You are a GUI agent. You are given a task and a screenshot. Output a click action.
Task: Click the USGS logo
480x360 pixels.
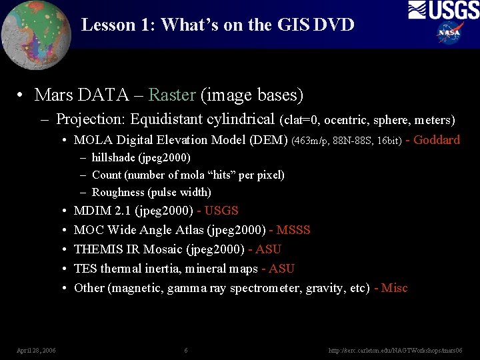click(x=443, y=10)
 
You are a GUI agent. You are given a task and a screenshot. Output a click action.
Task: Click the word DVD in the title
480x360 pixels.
click(x=333, y=25)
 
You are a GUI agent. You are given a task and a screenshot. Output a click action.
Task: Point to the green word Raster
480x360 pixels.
click(x=172, y=95)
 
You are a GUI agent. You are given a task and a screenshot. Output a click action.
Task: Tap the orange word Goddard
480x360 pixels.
click(x=437, y=140)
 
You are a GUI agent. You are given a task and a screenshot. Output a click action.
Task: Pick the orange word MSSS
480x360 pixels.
click(x=293, y=230)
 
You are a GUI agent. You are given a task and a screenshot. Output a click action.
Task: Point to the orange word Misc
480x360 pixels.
click(x=395, y=288)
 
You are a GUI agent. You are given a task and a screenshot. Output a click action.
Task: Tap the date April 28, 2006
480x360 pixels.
click(x=36, y=350)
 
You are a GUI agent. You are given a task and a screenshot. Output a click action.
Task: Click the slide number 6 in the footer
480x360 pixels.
click(x=186, y=350)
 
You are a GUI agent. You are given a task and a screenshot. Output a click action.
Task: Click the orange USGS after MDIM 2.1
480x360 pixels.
click(x=221, y=211)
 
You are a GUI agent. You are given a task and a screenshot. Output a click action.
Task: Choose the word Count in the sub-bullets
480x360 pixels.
click(x=107, y=175)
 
